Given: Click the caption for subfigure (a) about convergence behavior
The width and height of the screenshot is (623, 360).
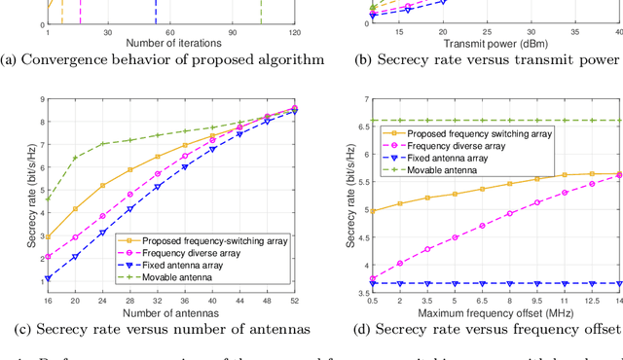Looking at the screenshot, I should tap(162, 59).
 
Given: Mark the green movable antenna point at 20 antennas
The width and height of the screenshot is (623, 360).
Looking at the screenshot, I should tap(75, 158).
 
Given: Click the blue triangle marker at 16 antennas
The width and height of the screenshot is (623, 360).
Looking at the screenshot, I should tap(48, 278).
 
